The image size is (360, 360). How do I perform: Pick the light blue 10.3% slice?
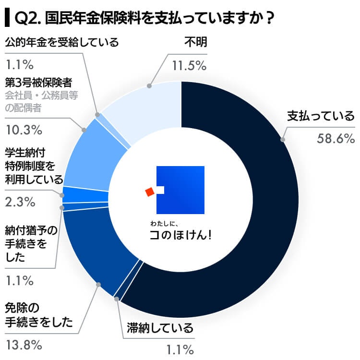(x=91, y=154)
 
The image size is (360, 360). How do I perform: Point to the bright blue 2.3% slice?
(x=84, y=194)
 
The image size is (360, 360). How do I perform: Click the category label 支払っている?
(x=321, y=116)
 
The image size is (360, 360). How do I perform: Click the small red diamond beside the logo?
(x=150, y=192)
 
